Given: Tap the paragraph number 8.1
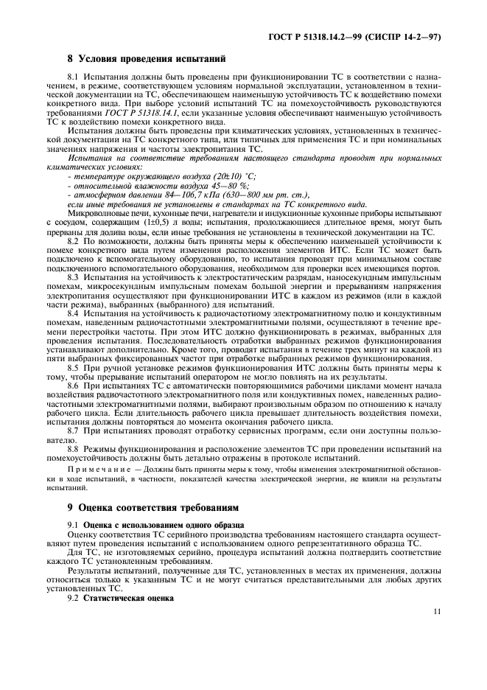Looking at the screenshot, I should [x=74, y=77].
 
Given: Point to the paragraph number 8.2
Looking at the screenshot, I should [x=74, y=241].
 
